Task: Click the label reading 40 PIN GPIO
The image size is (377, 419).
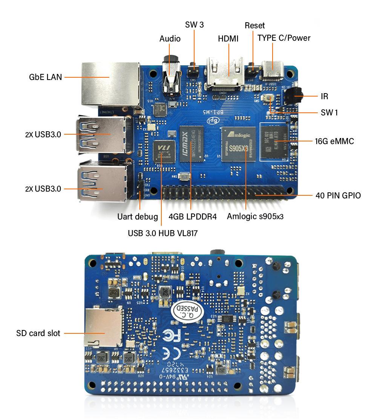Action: coord(338,195)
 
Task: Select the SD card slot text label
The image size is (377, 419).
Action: coord(38,333)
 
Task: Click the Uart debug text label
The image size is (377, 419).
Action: coord(137,217)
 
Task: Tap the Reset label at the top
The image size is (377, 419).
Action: coord(254,26)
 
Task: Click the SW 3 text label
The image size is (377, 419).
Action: coord(194,25)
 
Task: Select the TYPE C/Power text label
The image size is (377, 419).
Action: coord(284,38)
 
